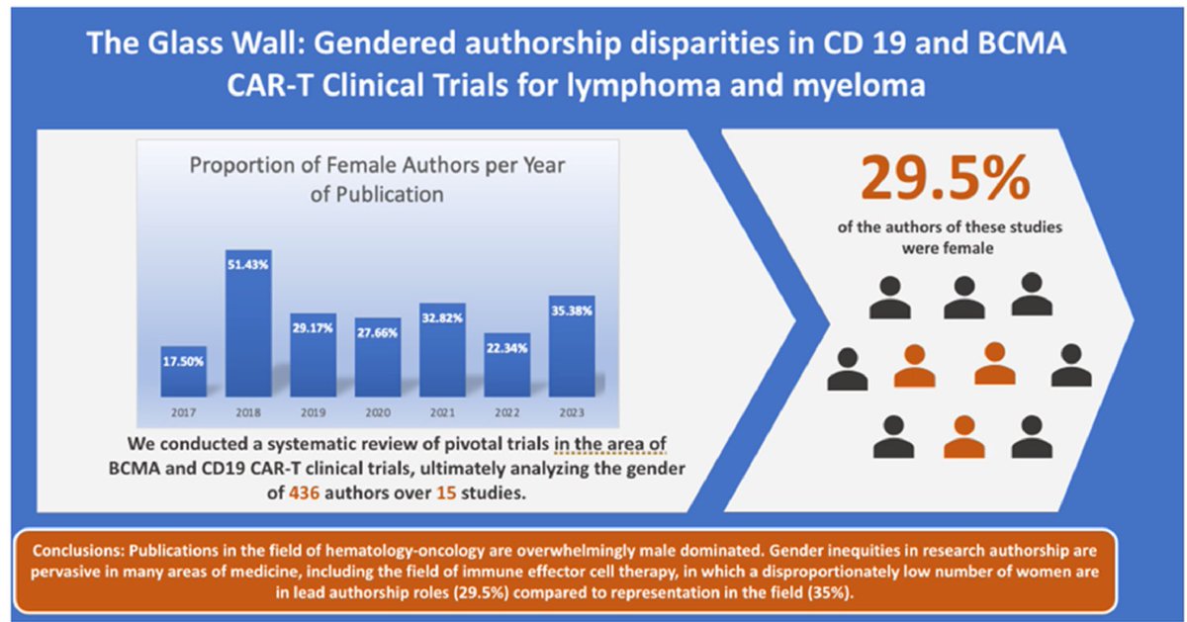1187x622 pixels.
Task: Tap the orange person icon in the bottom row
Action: [963, 437]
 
